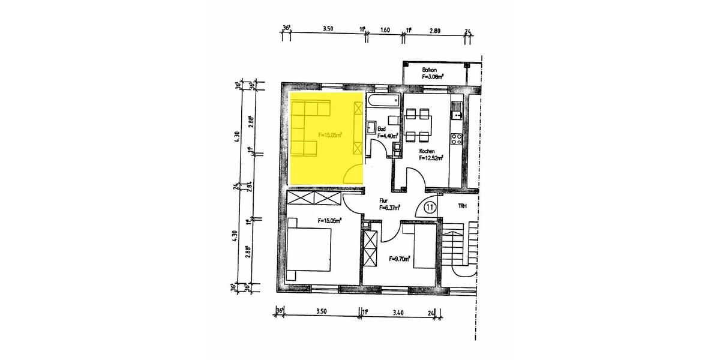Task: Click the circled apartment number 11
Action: (x=430, y=207)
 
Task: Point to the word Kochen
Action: (x=427, y=151)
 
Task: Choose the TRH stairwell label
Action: (x=462, y=206)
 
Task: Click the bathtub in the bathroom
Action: (x=385, y=100)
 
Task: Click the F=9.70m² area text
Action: (x=399, y=259)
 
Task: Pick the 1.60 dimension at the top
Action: (x=385, y=29)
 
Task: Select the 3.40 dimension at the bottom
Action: (x=397, y=312)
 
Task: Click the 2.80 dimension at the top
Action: (x=435, y=29)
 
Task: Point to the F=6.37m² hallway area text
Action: (x=389, y=208)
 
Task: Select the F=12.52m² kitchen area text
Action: (x=431, y=158)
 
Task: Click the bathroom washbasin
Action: (x=371, y=128)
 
